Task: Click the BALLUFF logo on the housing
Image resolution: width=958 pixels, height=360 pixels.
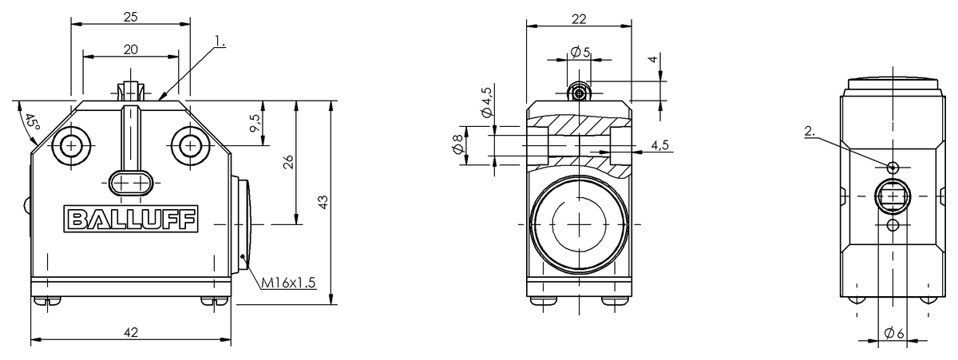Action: pos(131,220)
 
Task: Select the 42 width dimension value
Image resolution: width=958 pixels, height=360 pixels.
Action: pos(130,334)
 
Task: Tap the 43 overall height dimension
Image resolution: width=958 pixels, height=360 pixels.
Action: pos(323,203)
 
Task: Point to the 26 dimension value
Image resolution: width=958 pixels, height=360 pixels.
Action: pos(289,162)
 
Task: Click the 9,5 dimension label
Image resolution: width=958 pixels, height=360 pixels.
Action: pos(255,123)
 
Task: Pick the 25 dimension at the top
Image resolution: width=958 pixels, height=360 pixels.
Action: pos(131,15)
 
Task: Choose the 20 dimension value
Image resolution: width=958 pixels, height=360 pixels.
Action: pos(131,49)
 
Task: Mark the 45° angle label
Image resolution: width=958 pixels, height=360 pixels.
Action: pos(31,123)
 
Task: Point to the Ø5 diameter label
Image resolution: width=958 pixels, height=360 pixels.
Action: pos(580,53)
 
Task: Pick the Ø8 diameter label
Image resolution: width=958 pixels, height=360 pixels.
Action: pos(457,145)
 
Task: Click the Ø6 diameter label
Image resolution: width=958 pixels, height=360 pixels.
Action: pos(893,333)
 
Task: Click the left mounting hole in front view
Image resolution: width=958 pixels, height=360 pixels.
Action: pos(72,145)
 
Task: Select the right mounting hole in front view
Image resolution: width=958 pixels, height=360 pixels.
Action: pos(190,145)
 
